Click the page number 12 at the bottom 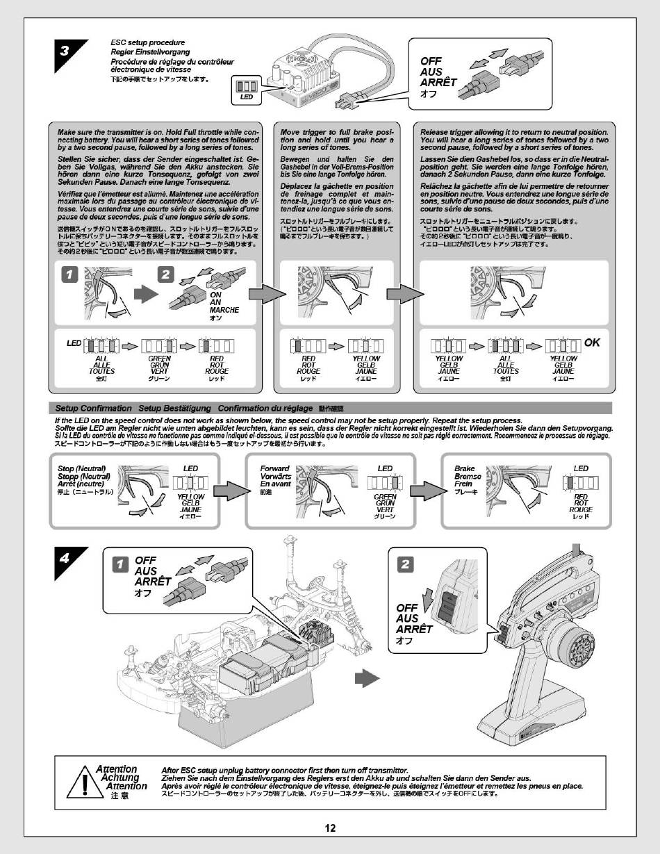(329, 828)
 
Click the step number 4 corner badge (68, 561)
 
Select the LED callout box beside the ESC (247, 90)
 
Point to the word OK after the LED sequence (592, 343)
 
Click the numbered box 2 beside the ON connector (165, 275)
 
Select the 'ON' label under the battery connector (215, 295)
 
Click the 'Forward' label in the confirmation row (274, 469)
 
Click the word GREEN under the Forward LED (385, 497)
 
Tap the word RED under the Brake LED (581, 497)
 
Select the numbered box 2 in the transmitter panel (405, 564)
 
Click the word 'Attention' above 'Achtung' (116, 769)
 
